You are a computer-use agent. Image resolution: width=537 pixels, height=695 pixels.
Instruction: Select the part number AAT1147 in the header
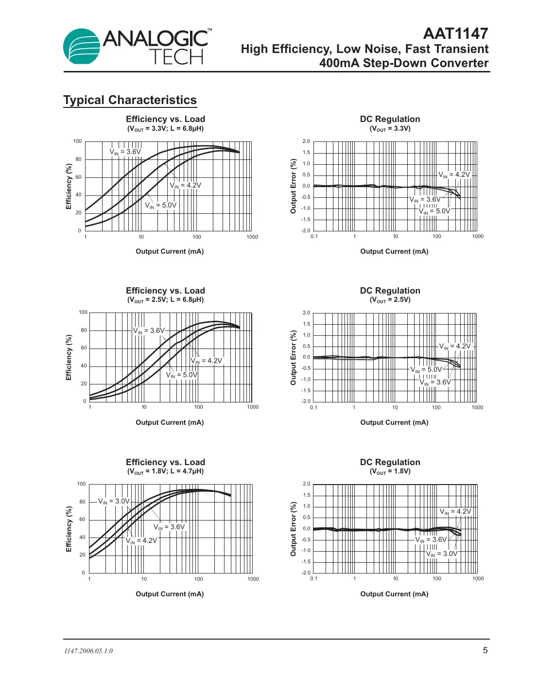click(455, 34)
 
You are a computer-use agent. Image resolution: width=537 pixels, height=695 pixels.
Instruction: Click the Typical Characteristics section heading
click(130, 100)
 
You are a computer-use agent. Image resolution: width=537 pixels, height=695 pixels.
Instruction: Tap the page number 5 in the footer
click(485, 650)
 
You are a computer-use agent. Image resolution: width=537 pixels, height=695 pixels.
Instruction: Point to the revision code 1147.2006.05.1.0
click(88, 651)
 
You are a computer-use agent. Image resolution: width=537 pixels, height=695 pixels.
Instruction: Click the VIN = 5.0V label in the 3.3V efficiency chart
click(161, 206)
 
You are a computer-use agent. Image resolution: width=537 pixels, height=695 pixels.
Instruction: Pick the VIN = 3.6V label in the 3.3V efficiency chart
click(125, 152)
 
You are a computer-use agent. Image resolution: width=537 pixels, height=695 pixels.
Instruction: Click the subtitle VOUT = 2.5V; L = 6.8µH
click(165, 300)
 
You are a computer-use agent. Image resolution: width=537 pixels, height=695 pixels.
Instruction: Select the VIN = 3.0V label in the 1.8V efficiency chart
click(114, 502)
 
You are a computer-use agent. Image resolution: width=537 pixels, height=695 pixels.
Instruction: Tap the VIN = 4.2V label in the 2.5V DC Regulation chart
click(455, 347)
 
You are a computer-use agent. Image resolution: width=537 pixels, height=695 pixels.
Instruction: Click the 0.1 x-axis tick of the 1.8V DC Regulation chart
click(314, 579)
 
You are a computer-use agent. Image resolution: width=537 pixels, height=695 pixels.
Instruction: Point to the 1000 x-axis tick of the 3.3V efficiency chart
click(252, 237)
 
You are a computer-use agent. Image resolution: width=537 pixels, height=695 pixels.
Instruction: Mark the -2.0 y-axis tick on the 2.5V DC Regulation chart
click(306, 401)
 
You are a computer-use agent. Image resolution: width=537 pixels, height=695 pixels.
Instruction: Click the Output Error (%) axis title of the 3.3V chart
click(293, 186)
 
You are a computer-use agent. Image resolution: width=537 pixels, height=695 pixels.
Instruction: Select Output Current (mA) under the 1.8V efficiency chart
click(170, 594)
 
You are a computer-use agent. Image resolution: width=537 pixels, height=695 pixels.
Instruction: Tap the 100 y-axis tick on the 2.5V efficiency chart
click(83, 313)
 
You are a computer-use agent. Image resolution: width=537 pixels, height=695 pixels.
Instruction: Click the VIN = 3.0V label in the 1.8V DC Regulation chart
click(442, 554)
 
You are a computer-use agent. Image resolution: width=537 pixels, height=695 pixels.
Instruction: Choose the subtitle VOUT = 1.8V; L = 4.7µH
click(165, 471)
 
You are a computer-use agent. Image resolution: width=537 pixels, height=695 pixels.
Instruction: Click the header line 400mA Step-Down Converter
click(403, 63)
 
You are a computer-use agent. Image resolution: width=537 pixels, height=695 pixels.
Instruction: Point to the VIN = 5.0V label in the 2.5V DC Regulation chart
click(427, 370)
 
